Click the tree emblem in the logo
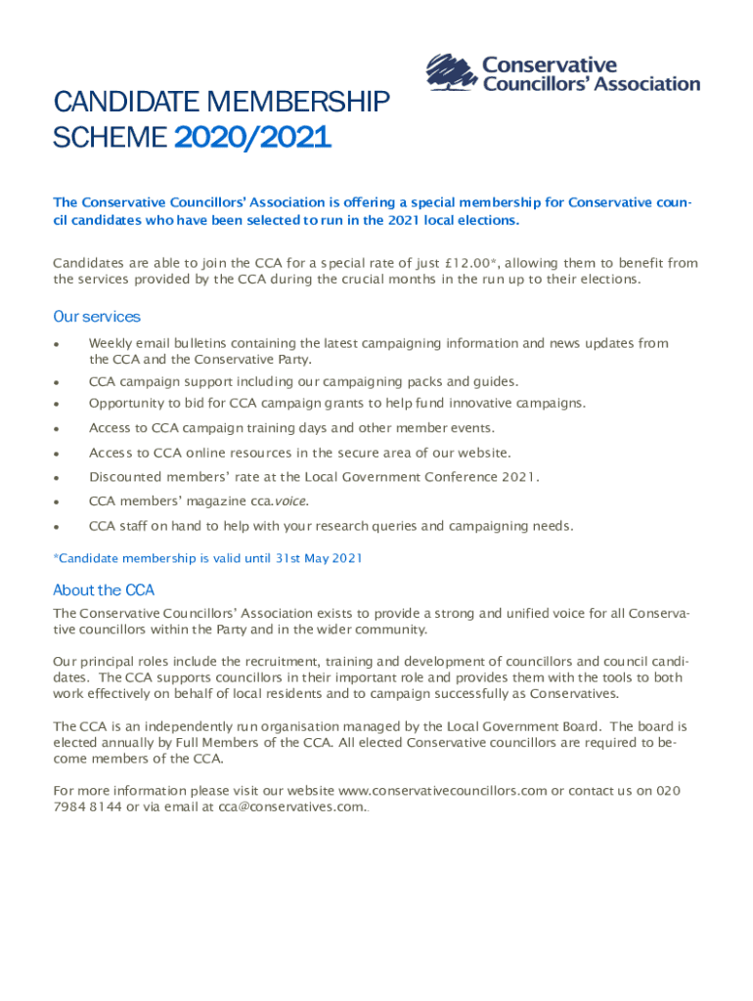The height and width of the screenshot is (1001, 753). [452, 73]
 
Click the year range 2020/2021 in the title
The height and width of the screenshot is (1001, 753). [252, 140]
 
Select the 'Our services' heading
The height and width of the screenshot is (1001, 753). [97, 317]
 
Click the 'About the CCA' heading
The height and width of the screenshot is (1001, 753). [103, 590]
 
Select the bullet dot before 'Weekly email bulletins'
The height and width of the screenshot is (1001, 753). [59, 344]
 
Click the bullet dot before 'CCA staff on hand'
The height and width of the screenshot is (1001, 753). [59, 527]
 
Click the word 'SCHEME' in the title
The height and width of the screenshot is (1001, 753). [111, 140]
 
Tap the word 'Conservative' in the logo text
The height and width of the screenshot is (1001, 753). [550, 65]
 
